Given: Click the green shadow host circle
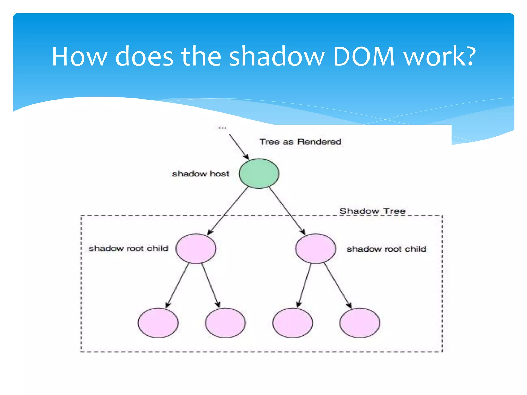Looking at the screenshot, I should [259, 174].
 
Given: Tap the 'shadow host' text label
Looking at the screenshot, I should [200, 174].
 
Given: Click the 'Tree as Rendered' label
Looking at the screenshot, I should [300, 142].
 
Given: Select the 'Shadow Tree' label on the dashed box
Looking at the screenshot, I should [372, 211].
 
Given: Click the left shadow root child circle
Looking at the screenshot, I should [196, 248].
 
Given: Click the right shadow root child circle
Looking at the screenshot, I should [315, 248].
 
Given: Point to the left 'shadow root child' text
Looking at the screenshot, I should [128, 248].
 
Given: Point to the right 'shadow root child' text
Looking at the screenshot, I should [386, 249].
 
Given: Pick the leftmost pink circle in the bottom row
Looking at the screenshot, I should [158, 323].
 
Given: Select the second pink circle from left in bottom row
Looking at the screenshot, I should [225, 323].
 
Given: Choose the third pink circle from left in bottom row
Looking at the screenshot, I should [293, 323].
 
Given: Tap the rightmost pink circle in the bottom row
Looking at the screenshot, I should [359, 323].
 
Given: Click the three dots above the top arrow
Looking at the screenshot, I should [222, 128].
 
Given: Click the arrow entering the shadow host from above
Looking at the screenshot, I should [239, 147].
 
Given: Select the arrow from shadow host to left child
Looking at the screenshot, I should [228, 211].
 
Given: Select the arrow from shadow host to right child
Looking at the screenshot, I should [287, 211].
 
